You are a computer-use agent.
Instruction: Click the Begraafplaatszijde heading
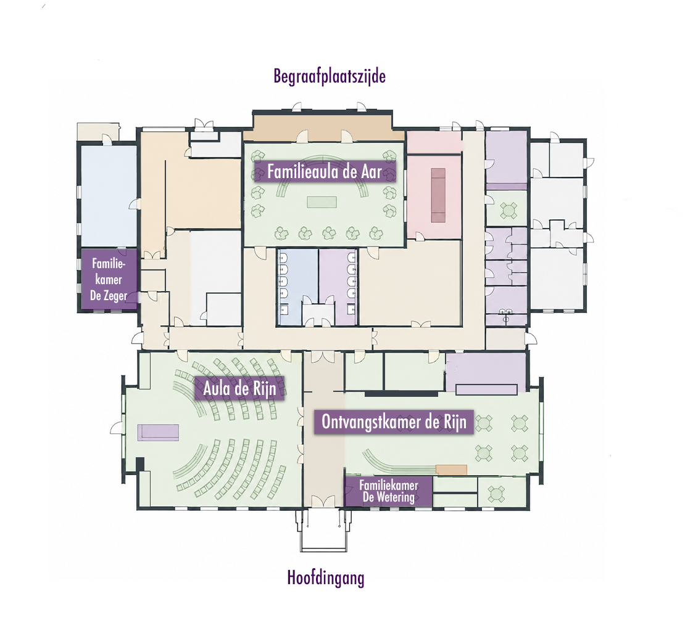(x=330, y=76)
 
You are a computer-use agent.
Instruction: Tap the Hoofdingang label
(x=326, y=577)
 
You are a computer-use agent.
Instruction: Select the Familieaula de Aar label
(x=325, y=171)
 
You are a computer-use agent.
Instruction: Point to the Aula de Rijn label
(x=239, y=389)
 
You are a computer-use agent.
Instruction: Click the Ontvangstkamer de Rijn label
(x=394, y=422)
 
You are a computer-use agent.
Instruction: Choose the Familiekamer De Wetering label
(x=389, y=491)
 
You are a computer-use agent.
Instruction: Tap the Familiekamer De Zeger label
(x=109, y=279)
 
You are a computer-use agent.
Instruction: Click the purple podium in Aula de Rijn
(x=158, y=432)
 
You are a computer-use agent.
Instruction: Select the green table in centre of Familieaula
(x=322, y=202)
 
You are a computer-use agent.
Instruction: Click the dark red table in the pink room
(x=438, y=195)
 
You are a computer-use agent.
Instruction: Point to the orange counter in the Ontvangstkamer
(x=451, y=470)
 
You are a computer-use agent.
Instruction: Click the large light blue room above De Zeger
(x=109, y=196)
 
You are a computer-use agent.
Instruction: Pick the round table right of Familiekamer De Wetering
(x=496, y=494)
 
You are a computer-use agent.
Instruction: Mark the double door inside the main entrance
(x=323, y=501)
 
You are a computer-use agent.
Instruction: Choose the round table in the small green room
(x=508, y=210)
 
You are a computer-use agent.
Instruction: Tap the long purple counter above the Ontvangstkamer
(x=486, y=389)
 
